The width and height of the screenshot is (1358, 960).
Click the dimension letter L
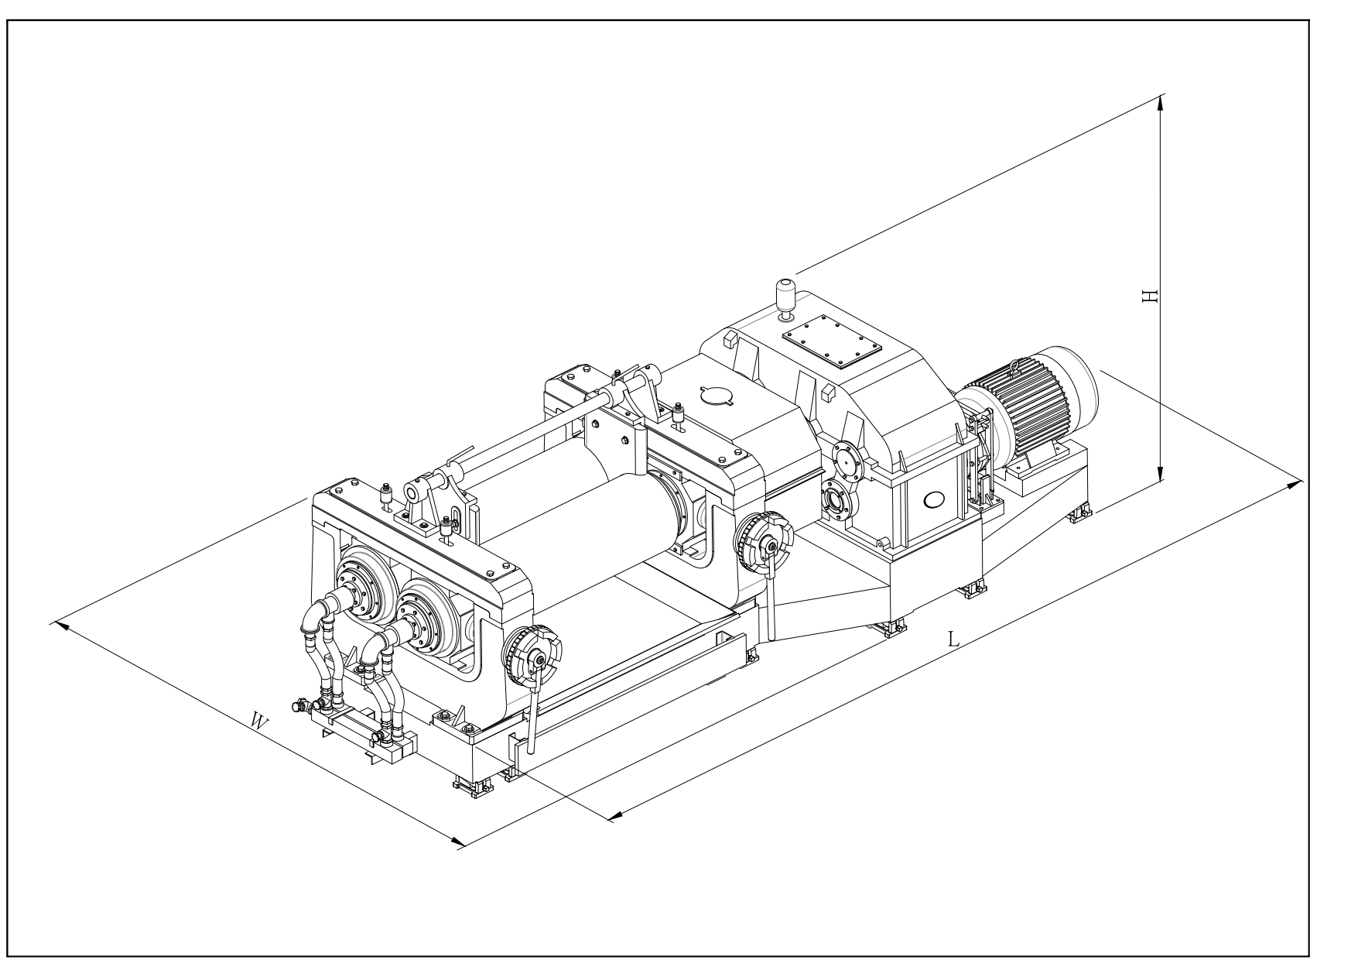[954, 639]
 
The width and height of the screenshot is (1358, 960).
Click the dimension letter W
[261, 722]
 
